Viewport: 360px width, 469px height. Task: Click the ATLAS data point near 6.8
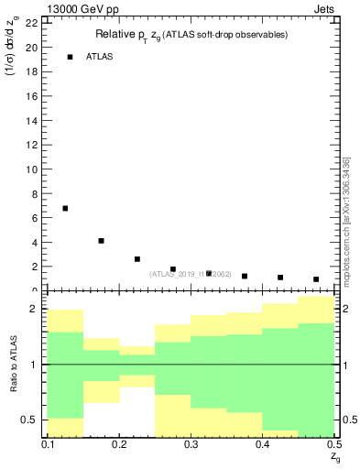[65, 209]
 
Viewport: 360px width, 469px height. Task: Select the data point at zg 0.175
[101, 241]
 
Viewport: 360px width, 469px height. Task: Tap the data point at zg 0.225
[136, 259]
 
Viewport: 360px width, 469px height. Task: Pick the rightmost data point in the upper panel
[316, 279]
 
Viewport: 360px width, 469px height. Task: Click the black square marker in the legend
[70, 57]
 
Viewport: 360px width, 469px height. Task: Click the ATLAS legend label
[100, 57]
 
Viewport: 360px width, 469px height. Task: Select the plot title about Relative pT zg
[191, 35]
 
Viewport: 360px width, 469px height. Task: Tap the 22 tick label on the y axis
[31, 23]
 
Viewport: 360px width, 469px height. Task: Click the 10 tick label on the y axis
[31, 169]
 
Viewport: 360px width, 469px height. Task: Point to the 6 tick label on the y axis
[34, 218]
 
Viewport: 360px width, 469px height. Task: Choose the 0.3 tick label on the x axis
[191, 444]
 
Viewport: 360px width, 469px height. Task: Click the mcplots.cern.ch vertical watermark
[345, 220]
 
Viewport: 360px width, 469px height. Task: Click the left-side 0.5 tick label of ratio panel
[32, 420]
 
